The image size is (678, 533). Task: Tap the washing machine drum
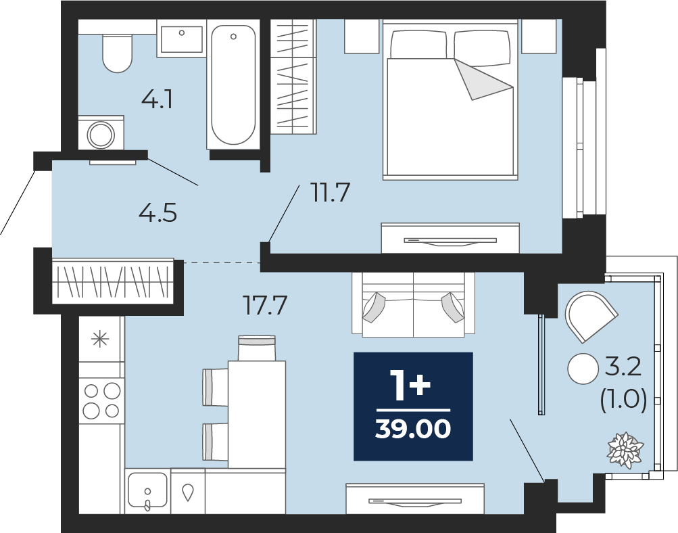pyautogui.click(x=101, y=135)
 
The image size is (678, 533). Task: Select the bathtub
pyautogui.click(x=233, y=85)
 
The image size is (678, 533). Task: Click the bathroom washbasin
pyautogui.click(x=182, y=39)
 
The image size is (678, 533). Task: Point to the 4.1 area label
pyautogui.click(x=158, y=100)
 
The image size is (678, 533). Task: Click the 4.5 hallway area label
pyautogui.click(x=158, y=213)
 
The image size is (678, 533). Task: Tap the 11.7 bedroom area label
pyautogui.click(x=330, y=193)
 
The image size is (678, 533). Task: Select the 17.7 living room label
pyautogui.click(x=265, y=305)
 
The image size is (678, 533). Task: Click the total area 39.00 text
pyautogui.click(x=413, y=429)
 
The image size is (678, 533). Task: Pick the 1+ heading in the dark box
pyautogui.click(x=410, y=385)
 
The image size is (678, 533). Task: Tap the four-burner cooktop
pyautogui.click(x=101, y=400)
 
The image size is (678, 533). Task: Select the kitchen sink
pyautogui.click(x=148, y=490)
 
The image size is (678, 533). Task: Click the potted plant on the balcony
pyautogui.click(x=626, y=450)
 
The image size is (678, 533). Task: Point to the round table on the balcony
pyautogui.click(x=583, y=369)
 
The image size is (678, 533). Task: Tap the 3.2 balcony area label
pyautogui.click(x=623, y=368)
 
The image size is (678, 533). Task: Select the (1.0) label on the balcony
pyautogui.click(x=623, y=399)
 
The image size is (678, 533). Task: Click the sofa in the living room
pyautogui.click(x=414, y=304)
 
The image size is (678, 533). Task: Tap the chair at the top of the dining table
pyautogui.click(x=257, y=348)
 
